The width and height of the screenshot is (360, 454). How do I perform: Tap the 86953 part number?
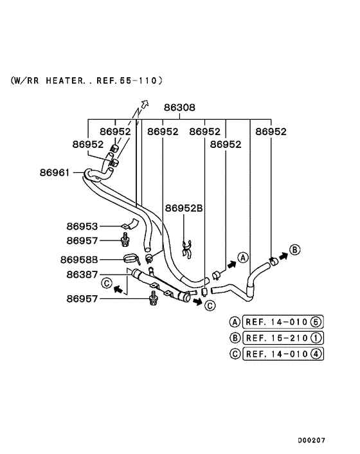tap(82, 226)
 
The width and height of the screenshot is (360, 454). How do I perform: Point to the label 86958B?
tap(79, 260)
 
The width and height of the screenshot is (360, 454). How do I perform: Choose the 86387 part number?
tap(82, 275)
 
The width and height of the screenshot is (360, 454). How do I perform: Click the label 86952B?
tap(184, 208)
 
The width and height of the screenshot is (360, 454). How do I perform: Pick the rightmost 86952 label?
tap(271, 131)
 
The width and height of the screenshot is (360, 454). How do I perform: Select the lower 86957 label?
tap(82, 298)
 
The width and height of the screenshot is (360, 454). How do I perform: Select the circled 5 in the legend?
tap(316, 322)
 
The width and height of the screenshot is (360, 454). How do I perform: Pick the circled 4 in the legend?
tap(316, 353)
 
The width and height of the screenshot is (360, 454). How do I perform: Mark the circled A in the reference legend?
tap(235, 322)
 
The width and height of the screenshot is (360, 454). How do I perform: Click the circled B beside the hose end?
tap(294, 249)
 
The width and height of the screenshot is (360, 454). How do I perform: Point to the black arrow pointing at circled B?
tap(283, 255)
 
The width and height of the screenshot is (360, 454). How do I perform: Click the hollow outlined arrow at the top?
tap(144, 105)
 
